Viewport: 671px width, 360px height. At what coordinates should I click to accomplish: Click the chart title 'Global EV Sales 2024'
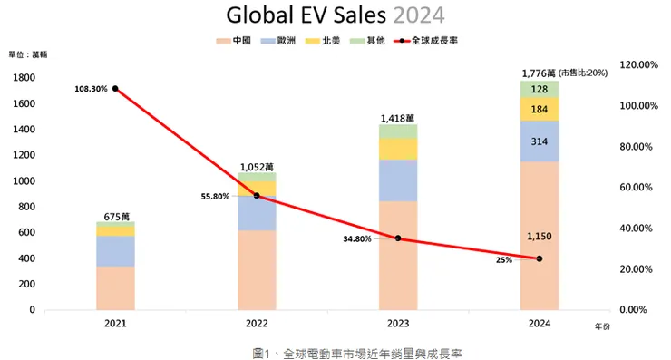coord(335,15)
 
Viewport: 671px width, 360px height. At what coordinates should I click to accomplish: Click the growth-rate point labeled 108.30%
coord(115,89)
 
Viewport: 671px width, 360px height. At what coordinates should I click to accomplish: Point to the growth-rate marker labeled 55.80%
coord(257,196)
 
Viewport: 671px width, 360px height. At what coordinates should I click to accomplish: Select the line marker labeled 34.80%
coord(398,238)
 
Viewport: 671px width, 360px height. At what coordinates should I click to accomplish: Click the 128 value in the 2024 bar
coord(540,89)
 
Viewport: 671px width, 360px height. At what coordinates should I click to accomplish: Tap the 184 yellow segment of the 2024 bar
coord(540,110)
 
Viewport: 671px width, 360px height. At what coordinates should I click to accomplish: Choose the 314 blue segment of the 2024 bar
coord(540,141)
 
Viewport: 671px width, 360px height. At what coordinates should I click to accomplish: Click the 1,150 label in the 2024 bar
coord(540,236)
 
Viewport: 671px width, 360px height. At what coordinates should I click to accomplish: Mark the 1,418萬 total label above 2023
coord(398,118)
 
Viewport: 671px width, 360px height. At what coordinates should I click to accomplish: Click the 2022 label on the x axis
coord(257,323)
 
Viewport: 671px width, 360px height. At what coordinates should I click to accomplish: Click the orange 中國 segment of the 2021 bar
coord(115,287)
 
